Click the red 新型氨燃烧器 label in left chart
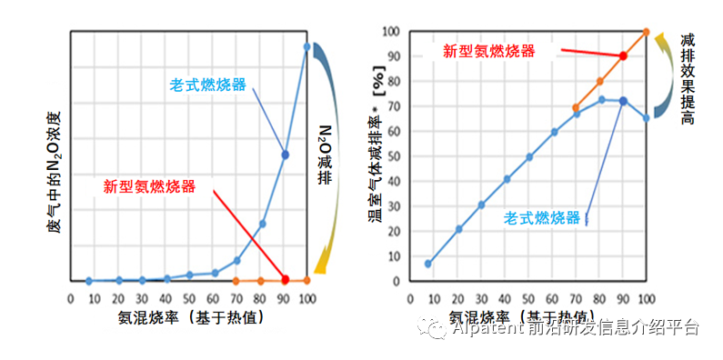tap(148, 186)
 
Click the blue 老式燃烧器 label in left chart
tap(207, 85)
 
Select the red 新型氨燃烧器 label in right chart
tap(488, 51)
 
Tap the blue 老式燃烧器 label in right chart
tap(542, 217)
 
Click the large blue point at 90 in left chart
tap(285, 155)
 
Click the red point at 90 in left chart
tap(285, 280)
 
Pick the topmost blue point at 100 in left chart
tap(307, 46)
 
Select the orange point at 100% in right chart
tap(647, 32)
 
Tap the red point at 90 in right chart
tap(623, 55)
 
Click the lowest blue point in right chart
tap(428, 264)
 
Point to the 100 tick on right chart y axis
tap(391, 32)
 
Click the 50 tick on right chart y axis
tap(394, 156)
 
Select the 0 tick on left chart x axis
tap(71, 298)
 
